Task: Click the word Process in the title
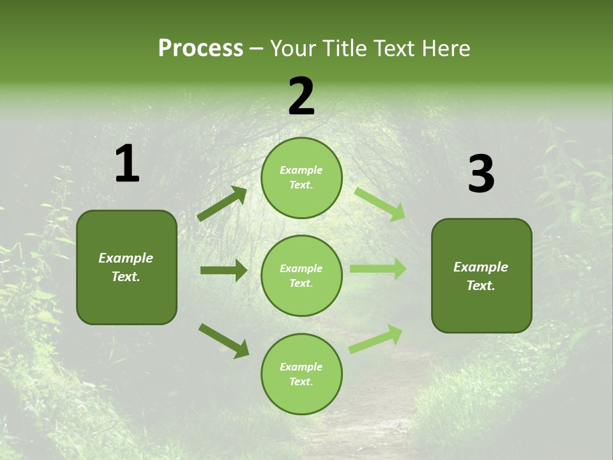click(201, 49)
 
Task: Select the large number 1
click(127, 164)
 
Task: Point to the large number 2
click(301, 97)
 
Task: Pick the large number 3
click(481, 174)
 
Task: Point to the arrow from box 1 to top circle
click(222, 204)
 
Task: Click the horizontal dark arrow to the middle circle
click(223, 270)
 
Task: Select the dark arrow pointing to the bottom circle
click(223, 341)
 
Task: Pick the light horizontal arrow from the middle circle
click(378, 269)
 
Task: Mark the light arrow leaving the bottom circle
click(376, 338)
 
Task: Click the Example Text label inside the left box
click(126, 267)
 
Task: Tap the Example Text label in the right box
click(481, 276)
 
